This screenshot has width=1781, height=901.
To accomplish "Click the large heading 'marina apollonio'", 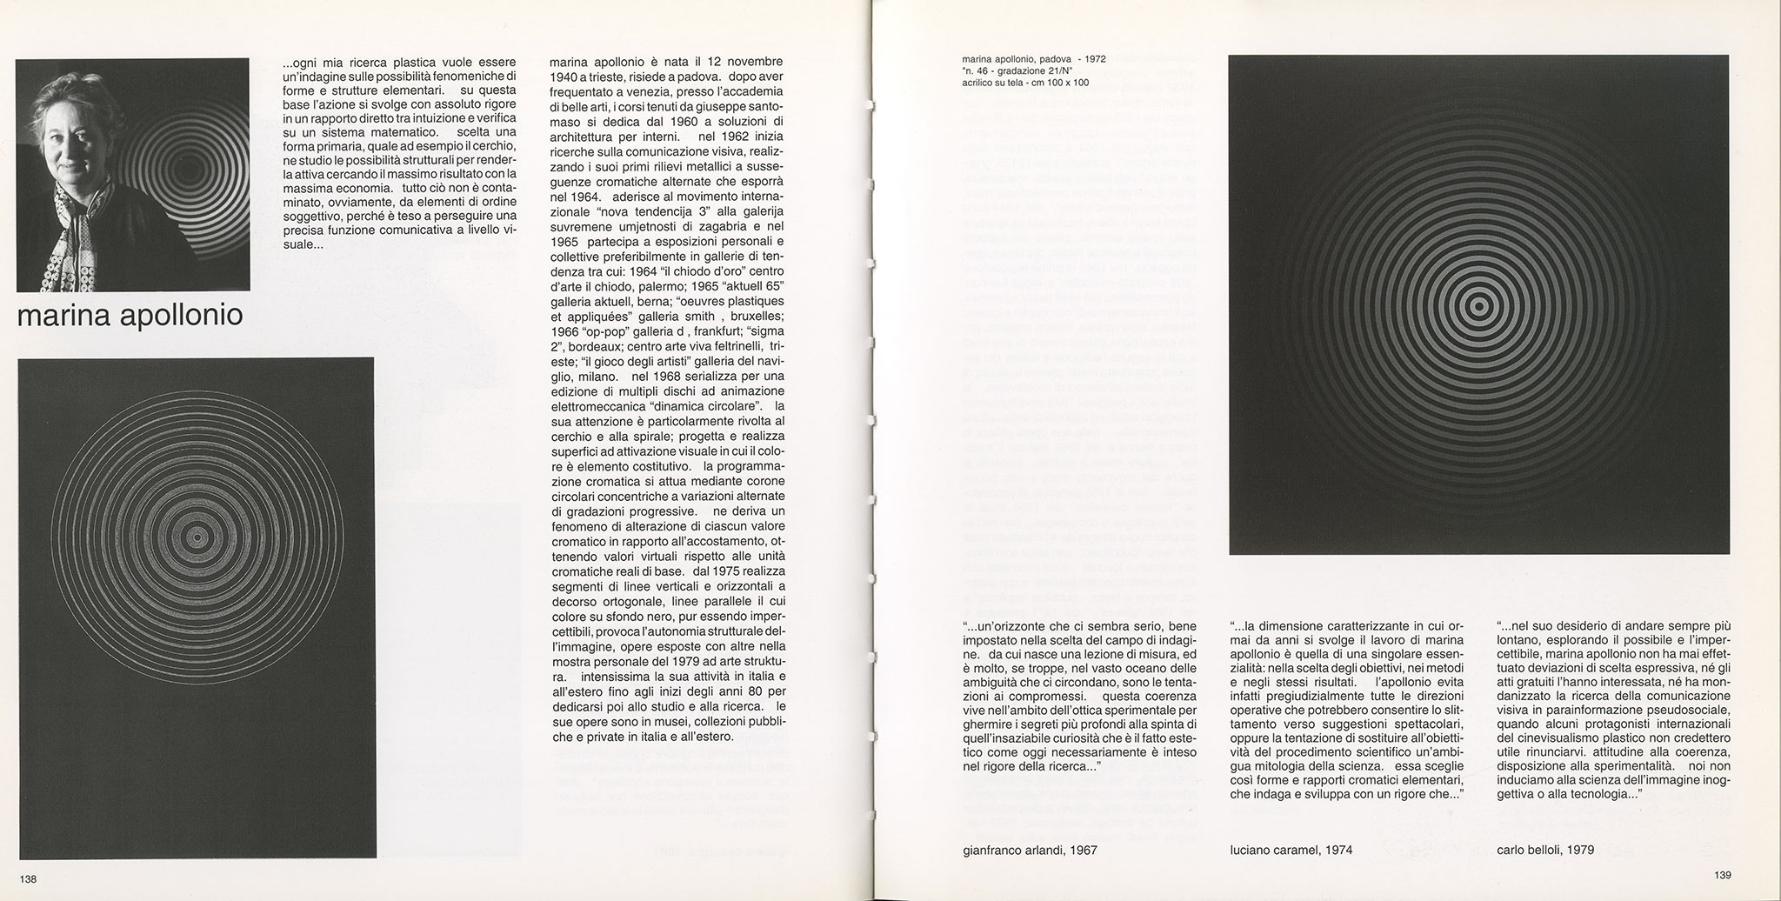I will (130, 316).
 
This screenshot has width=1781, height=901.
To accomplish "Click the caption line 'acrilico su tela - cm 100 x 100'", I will (1025, 83).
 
